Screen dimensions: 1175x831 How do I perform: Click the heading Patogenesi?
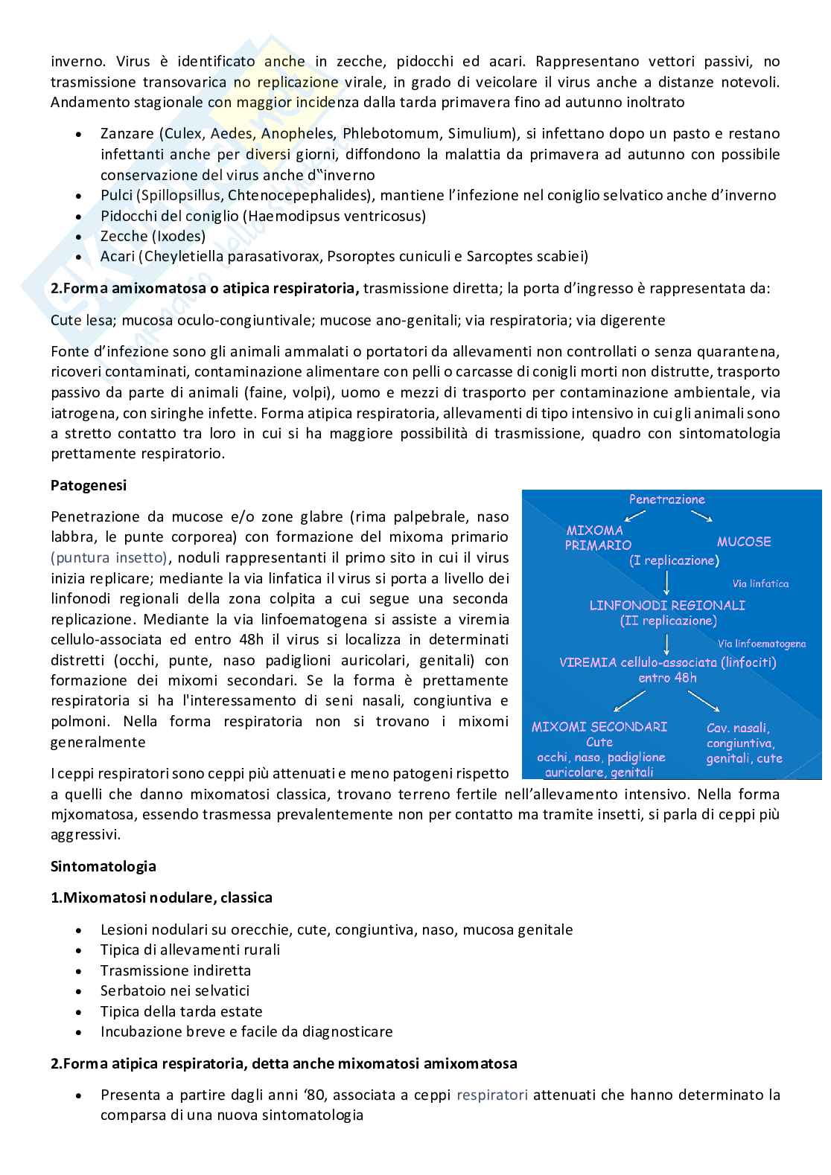pyautogui.click(x=88, y=485)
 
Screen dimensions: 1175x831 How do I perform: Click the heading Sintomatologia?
pyautogui.click(x=103, y=866)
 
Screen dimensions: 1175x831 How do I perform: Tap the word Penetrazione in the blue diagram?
pyautogui.click(x=666, y=499)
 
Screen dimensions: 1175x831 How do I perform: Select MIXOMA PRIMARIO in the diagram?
pyautogui.click(x=597, y=537)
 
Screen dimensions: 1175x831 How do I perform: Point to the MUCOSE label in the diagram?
pyautogui.click(x=743, y=542)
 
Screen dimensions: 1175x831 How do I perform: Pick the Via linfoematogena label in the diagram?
pyautogui.click(x=761, y=644)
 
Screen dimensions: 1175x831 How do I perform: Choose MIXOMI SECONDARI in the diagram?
pyautogui.click(x=599, y=726)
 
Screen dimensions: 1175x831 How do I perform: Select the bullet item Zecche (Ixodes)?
pyautogui.click(x=153, y=237)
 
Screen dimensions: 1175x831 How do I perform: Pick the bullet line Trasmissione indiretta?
pyautogui.click(x=175, y=970)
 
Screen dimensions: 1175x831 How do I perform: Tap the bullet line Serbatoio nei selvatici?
pyautogui.click(x=174, y=990)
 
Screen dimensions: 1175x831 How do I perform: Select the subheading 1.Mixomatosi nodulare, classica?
pyautogui.click(x=161, y=897)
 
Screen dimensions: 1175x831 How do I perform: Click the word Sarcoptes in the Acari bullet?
pyautogui.click(x=498, y=257)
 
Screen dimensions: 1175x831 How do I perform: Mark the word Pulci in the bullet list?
pyautogui.click(x=117, y=196)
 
